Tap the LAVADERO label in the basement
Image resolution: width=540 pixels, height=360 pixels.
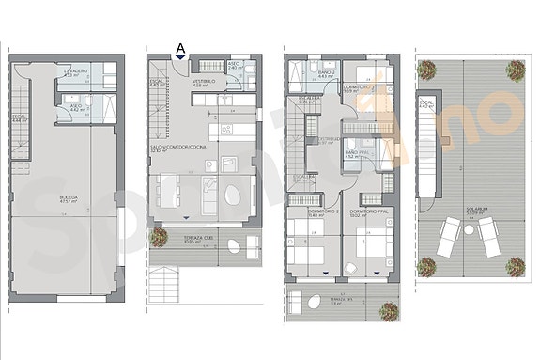tap(77, 72)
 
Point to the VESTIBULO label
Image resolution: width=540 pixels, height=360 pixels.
tap(205, 83)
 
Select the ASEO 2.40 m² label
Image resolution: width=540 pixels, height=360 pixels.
tap(236, 66)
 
